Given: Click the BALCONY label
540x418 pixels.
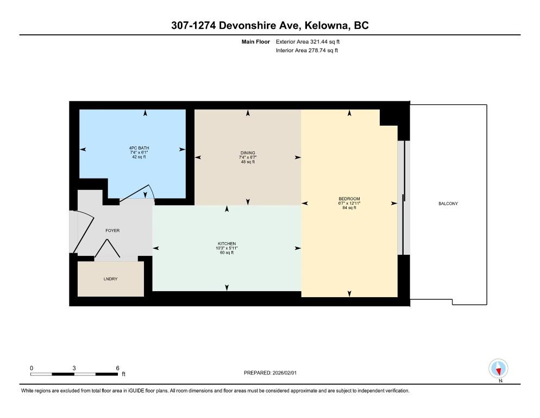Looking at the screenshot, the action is pyautogui.click(x=448, y=204).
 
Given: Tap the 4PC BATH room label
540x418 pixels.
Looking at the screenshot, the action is pyautogui.click(x=139, y=148).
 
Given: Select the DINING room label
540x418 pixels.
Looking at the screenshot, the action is pyautogui.click(x=248, y=153).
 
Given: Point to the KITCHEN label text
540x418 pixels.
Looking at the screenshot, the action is pyautogui.click(x=227, y=244).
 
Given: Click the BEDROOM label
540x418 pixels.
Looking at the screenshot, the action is pyautogui.click(x=349, y=199).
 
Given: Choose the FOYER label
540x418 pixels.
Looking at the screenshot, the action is pyautogui.click(x=112, y=231).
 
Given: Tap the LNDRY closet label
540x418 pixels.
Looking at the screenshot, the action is pyautogui.click(x=110, y=279).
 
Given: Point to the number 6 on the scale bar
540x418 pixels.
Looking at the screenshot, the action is pyautogui.click(x=117, y=368).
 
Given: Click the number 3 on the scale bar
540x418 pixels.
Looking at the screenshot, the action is pyautogui.click(x=74, y=368).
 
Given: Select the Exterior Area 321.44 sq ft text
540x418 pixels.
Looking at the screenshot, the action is pyautogui.click(x=307, y=42).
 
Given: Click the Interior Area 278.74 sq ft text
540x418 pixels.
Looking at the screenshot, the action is pyautogui.click(x=306, y=51).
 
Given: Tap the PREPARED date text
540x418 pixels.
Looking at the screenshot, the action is pyautogui.click(x=270, y=373).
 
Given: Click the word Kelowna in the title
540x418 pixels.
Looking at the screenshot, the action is pyautogui.click(x=326, y=25).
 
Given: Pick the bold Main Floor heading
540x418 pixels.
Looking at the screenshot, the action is pyautogui.click(x=255, y=42).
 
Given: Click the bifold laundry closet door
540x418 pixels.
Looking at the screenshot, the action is pyautogui.click(x=107, y=248).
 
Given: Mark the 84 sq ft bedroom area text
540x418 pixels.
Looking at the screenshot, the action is pyautogui.click(x=349, y=208).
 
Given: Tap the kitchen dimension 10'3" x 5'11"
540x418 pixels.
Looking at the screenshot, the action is pyautogui.click(x=227, y=248).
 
